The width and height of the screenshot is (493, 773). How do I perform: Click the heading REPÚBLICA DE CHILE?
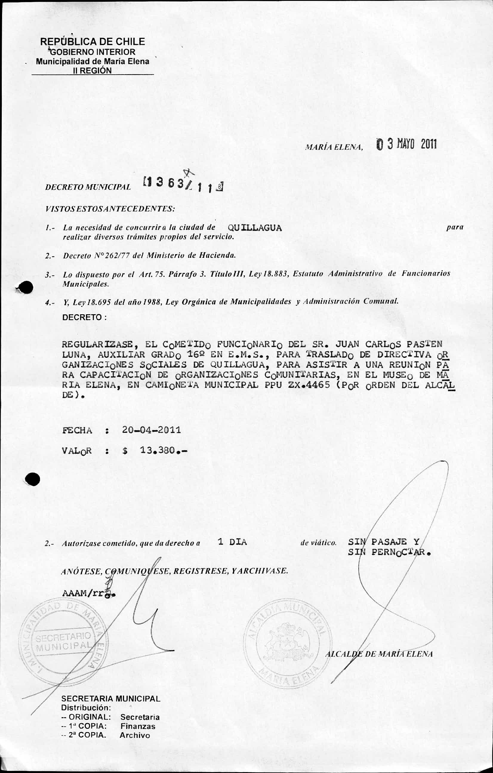click(x=92, y=41)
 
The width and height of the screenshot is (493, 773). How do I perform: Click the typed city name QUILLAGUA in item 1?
click(x=255, y=228)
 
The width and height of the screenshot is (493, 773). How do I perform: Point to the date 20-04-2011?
click(x=152, y=430)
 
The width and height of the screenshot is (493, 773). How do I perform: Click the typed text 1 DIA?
click(x=232, y=542)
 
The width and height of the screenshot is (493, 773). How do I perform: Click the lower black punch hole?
click(x=33, y=480)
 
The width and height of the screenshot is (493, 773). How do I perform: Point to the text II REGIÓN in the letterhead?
click(x=93, y=71)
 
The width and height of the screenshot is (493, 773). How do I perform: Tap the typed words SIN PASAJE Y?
click(x=383, y=542)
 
